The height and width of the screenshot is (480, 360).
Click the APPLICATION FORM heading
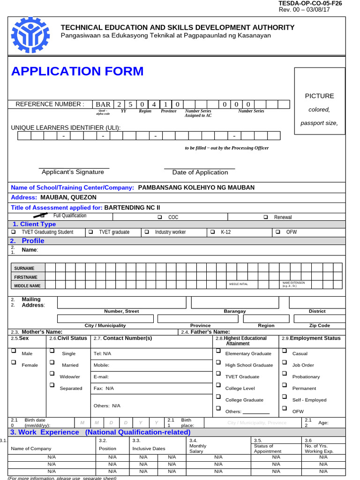pos(77,71)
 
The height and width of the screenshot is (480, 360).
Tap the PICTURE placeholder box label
pos(319,96)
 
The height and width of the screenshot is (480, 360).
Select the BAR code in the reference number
pos(103,104)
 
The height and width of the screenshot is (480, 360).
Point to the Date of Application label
pos(200,172)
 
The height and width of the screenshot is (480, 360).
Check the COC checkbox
pos(160,217)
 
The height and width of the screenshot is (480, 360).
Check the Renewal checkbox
pos(266,217)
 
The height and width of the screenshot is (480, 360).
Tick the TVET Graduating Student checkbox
pos(13,232)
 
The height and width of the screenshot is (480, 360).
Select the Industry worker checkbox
pos(147,232)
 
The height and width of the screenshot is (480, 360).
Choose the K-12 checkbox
pos(213,232)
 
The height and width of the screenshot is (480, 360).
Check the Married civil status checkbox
pos(52,362)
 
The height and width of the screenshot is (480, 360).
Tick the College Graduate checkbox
pos(218,397)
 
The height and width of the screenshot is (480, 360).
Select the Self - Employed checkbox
pos(284,397)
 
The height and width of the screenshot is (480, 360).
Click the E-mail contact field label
pos(101,376)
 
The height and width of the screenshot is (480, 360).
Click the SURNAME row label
pos(24,268)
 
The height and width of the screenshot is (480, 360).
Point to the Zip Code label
pos(320,325)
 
